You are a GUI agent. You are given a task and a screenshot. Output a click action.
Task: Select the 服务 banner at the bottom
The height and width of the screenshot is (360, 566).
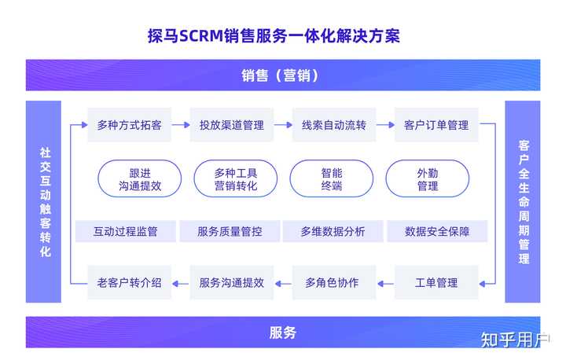point(282,332)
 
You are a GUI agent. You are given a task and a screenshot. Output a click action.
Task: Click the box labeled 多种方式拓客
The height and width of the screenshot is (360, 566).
point(129,125)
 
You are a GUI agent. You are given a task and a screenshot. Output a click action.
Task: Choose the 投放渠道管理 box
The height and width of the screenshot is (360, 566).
point(231,125)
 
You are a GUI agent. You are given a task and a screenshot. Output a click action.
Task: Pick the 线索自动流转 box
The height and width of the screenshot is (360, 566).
point(333,125)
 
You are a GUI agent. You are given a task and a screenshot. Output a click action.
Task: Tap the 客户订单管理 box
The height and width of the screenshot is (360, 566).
point(436,125)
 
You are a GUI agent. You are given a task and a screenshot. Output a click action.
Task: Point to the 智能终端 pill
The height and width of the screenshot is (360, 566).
point(331,179)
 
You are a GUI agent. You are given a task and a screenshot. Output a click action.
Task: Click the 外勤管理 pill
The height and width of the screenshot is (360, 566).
point(427,179)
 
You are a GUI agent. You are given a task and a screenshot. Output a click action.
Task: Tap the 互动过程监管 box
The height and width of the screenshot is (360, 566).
point(125,231)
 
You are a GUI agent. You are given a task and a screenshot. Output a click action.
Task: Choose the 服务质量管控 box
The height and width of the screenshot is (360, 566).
point(230,231)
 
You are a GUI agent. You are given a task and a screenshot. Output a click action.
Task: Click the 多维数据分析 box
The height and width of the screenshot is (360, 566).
point(333,231)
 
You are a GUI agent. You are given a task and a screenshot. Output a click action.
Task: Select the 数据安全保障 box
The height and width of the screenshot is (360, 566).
point(436,231)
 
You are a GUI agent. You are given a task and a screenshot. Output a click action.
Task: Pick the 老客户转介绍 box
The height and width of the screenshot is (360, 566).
point(129,282)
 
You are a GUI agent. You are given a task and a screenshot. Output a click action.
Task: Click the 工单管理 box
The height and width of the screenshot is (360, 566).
point(436,282)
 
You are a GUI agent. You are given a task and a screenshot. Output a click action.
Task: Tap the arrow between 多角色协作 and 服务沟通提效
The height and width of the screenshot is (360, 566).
point(283,282)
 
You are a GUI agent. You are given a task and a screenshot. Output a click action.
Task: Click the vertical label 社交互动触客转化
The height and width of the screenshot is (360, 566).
point(45,203)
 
